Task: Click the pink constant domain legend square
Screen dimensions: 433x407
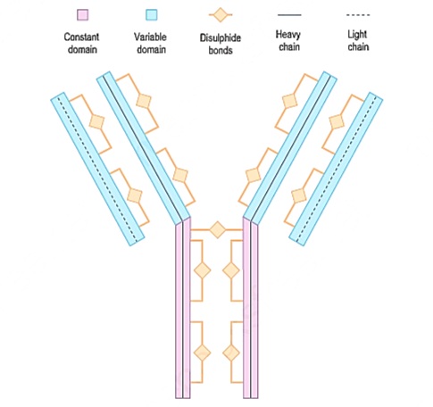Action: [82, 14]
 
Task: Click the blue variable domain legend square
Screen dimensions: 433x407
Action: [152, 14]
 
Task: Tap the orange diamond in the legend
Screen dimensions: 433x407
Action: [221, 15]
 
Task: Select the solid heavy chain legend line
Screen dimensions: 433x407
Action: [289, 14]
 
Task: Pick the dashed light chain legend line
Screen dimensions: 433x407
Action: [358, 14]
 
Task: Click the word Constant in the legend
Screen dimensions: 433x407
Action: [81, 37]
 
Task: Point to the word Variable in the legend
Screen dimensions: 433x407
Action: [150, 37]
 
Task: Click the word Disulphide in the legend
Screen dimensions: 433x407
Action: [221, 38]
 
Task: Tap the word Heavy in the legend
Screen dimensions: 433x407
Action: [288, 35]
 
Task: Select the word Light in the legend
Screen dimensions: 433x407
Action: [357, 35]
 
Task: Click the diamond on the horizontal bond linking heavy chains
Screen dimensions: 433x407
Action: [218, 229]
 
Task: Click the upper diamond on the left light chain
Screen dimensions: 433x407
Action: [97, 121]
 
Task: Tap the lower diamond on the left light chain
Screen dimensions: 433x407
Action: [135, 195]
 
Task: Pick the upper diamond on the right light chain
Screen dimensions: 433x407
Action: [337, 121]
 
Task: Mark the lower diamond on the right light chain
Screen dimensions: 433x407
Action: [299, 195]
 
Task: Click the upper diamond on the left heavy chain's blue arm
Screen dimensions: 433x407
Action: [144, 101]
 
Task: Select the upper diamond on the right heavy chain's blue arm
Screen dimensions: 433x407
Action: [290, 101]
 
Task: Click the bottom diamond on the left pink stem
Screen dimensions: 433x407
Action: [203, 353]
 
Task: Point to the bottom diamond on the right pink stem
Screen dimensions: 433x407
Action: [231, 353]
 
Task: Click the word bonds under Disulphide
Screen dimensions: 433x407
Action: [221, 50]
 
